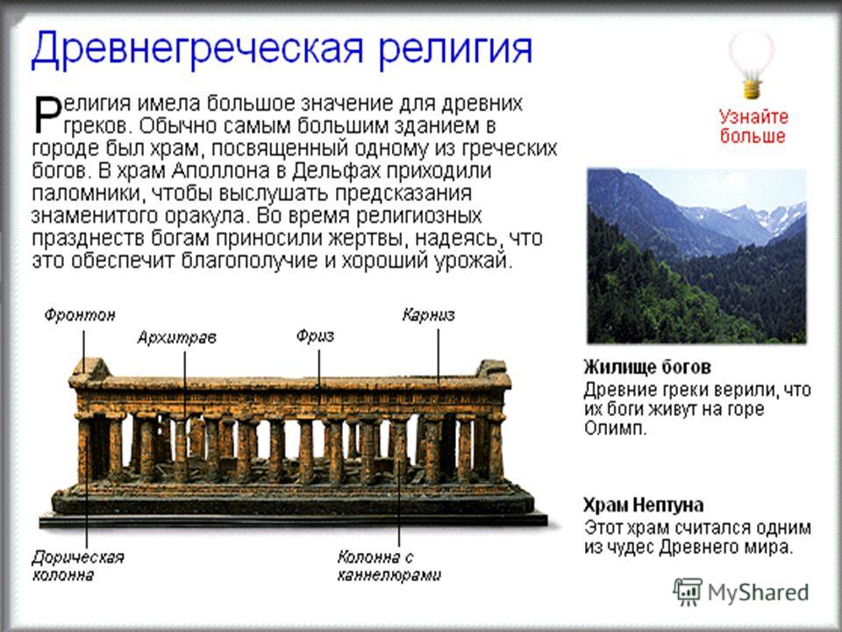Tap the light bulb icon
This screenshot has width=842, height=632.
click(x=752, y=64)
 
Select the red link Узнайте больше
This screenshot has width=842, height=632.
click(x=753, y=126)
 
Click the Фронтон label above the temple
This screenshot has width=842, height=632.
click(x=80, y=315)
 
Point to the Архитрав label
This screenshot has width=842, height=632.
click(x=176, y=337)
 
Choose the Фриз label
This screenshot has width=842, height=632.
click(x=315, y=336)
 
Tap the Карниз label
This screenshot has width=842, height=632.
click(x=429, y=315)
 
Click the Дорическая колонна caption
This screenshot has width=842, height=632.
click(x=78, y=566)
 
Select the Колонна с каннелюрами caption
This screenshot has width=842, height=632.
click(x=389, y=566)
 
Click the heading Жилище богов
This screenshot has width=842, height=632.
click(x=647, y=367)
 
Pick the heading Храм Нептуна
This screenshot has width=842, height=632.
click(x=643, y=506)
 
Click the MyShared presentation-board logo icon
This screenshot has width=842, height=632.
click(x=688, y=592)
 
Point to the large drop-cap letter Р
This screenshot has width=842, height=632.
click(x=47, y=114)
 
